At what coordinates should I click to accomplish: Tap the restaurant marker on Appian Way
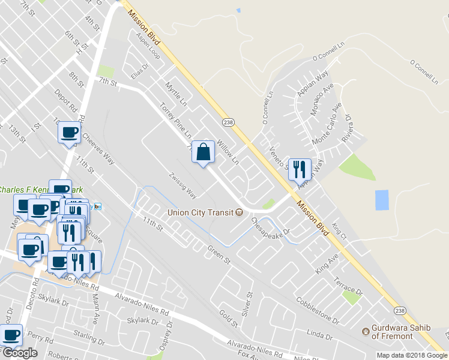(x=299, y=169)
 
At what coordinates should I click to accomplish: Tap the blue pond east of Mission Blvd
(x=381, y=200)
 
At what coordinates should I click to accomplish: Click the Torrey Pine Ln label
(x=175, y=119)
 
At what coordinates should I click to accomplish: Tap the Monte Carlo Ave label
(x=327, y=124)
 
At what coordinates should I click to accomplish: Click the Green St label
(x=219, y=254)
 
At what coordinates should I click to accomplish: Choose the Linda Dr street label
(x=319, y=332)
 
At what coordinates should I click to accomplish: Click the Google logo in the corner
(x=20, y=352)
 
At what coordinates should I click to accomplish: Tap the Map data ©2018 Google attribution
(x=412, y=355)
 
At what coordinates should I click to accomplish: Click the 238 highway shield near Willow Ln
(x=228, y=122)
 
